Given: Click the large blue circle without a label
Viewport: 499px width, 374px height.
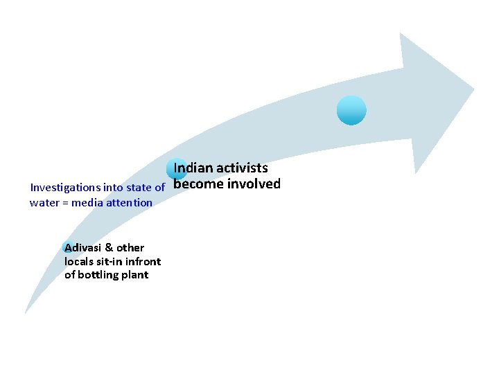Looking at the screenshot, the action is pyautogui.click(x=351, y=110).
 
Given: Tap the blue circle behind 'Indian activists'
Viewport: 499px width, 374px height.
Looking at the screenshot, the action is pyautogui.click(x=177, y=169).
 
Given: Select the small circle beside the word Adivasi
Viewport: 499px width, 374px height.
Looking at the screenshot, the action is pyautogui.click(x=68, y=247).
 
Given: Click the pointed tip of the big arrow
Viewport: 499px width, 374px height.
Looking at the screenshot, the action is pyautogui.click(x=474, y=89).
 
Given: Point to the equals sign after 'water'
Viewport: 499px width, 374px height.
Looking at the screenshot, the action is pyautogui.click(x=65, y=203).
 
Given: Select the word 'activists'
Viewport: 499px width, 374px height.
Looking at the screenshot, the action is pyautogui.click(x=242, y=168).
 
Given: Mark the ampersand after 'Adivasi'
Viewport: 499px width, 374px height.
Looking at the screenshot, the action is pyautogui.click(x=109, y=247).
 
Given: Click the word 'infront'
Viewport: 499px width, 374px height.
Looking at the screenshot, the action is pyautogui.click(x=143, y=261).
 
